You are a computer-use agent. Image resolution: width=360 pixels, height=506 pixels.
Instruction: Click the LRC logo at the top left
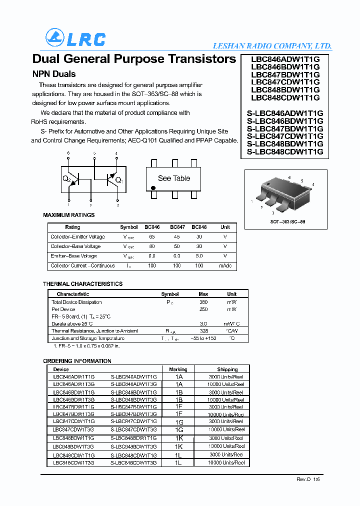click(x=75, y=38)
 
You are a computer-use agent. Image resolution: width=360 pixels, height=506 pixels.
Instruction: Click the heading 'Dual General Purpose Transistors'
click(x=134, y=59)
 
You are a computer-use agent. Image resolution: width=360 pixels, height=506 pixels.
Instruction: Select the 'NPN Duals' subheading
click(x=54, y=74)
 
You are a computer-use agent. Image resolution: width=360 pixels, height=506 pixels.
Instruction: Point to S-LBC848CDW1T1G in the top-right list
click(x=285, y=151)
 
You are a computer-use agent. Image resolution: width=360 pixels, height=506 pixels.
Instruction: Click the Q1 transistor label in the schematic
click(x=118, y=180)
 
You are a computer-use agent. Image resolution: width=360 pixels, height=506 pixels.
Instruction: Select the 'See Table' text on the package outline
click(x=173, y=178)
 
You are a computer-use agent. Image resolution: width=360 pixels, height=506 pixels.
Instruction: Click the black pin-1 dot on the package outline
click(x=153, y=189)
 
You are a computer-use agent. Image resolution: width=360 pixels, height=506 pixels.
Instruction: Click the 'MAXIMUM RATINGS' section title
click(x=68, y=215)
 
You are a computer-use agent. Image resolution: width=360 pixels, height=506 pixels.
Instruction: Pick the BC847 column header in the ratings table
click(x=177, y=227)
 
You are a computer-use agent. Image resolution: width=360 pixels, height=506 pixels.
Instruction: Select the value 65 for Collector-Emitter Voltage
click(x=152, y=236)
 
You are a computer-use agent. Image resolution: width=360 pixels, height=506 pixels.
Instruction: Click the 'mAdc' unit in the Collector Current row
click(x=225, y=265)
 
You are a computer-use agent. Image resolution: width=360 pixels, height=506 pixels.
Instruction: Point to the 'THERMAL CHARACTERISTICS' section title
click(x=82, y=284)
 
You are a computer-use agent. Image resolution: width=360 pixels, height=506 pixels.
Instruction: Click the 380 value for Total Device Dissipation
click(x=203, y=302)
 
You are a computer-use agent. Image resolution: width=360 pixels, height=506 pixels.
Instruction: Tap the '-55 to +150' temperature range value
click(x=203, y=338)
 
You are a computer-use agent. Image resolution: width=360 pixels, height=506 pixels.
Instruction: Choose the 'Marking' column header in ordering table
click(x=178, y=369)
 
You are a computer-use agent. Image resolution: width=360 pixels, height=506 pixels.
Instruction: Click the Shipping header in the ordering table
click(x=227, y=369)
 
